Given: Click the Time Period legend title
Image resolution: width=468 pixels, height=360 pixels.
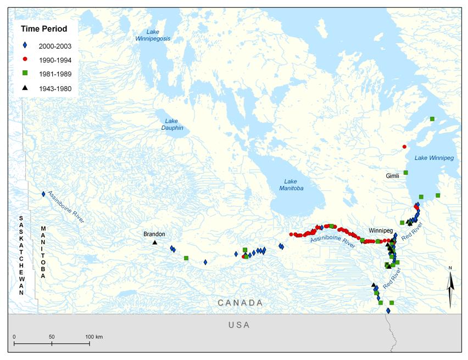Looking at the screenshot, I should pos(44,29).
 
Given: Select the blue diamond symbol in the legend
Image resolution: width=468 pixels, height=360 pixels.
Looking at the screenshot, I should pos(25,46).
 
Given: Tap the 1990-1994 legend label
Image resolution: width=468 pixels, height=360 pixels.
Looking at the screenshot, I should pos(55,60).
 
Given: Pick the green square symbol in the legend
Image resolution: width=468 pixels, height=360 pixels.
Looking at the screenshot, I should pos(25,74).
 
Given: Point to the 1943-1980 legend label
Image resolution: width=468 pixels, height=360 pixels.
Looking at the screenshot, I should pos(55,88).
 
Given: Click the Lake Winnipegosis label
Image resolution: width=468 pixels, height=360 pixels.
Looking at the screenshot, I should pos(154,35).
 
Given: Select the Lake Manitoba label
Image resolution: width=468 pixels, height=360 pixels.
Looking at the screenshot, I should pos(293,185).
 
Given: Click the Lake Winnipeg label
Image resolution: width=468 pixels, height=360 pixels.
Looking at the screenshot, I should pos(434,158).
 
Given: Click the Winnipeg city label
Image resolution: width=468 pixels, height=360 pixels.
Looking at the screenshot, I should pos(381,230).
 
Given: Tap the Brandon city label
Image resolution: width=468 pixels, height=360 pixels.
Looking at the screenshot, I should pos(154,234).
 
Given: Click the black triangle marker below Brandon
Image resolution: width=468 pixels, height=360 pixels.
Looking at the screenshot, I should pos(155,243).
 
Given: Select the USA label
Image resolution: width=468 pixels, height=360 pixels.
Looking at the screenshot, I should pos(239,325).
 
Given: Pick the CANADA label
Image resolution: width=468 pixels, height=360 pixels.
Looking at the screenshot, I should pos(240,303).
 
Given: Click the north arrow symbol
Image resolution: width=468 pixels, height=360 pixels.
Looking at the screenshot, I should pos(450,289).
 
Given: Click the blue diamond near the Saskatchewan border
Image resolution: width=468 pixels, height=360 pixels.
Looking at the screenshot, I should pos(43,194).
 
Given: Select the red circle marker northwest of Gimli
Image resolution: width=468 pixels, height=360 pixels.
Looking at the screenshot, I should pos(404,147).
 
